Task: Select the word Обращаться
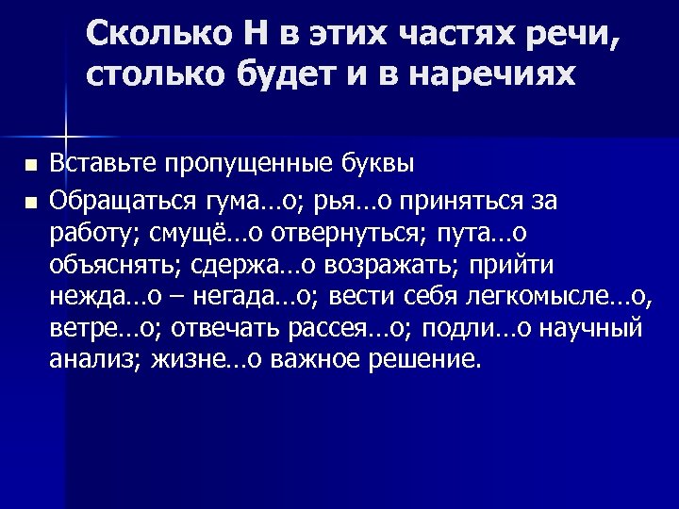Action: tap(121, 201)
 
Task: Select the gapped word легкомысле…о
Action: tap(560, 297)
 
